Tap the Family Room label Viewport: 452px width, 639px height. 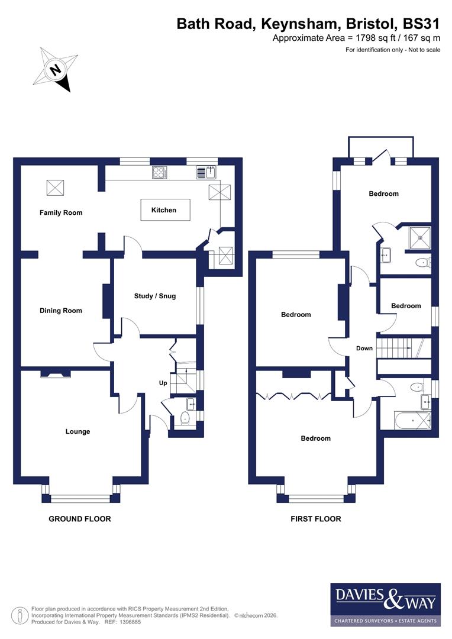tap(61, 212)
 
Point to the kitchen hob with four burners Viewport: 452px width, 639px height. tap(160, 172)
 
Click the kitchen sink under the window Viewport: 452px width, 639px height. tap(207, 172)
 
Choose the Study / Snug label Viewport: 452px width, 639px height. tap(155, 296)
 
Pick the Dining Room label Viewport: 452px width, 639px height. tap(61, 311)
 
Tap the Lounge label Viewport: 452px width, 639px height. tap(78, 431)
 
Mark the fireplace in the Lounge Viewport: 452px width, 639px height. tap(56, 373)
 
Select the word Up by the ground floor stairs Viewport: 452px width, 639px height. tap(163, 383)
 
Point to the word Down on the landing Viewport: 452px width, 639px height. tap(364, 348)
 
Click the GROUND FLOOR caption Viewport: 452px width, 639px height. tap(79, 519)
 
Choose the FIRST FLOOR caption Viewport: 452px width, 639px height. tap(315, 519)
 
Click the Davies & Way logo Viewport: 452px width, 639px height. tap(385, 604)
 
